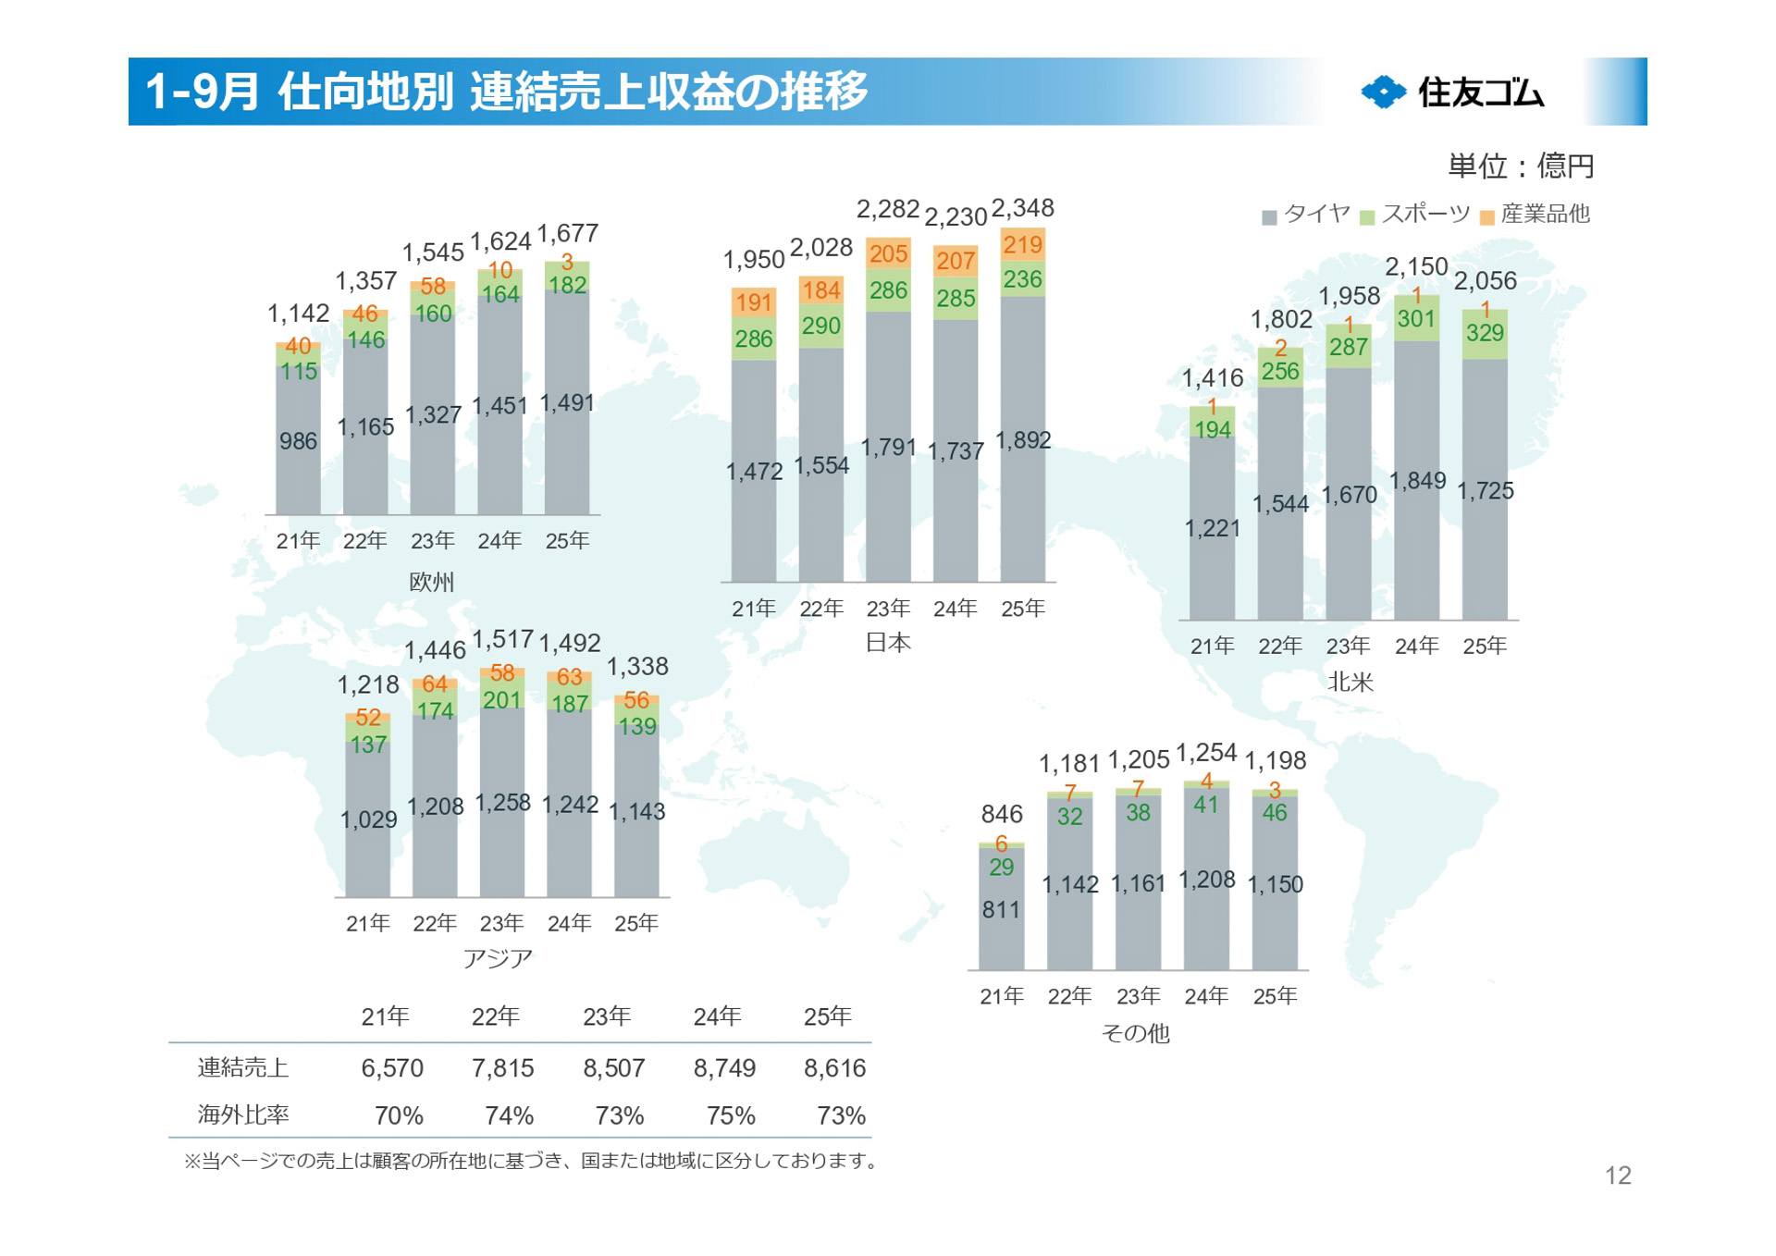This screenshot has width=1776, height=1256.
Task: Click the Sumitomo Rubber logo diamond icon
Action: coord(1383,92)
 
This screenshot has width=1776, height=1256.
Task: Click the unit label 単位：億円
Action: coord(1521,166)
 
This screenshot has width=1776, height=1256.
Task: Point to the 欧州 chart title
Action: coord(432,582)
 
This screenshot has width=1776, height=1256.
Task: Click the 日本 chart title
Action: coord(888,642)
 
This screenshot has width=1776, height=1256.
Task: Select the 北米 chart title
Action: coord(1350,682)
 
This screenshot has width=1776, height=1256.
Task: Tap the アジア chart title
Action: coord(498,958)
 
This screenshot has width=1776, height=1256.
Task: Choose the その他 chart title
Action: coord(1136,1033)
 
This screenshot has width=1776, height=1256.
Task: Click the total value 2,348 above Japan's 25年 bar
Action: coord(1022,209)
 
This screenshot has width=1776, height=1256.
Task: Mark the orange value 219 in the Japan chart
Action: coord(1022,245)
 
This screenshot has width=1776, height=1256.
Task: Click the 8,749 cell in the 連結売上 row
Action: coord(724,1068)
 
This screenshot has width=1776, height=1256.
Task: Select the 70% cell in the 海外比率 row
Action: coord(399,1116)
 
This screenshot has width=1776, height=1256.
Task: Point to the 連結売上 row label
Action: coord(243,1068)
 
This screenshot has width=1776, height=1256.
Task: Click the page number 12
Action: coord(1618,1176)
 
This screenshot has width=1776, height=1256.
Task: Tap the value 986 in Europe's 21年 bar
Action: coord(298,441)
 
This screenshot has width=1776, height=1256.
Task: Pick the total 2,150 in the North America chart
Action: coord(1415,267)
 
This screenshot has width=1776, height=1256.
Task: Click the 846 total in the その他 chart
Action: coord(1002,815)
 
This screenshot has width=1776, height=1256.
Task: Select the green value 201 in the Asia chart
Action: coord(502,700)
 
